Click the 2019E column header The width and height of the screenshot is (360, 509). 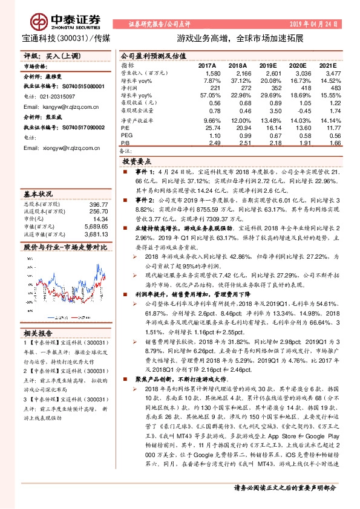(267, 65)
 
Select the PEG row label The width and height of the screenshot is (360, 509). (126, 136)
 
